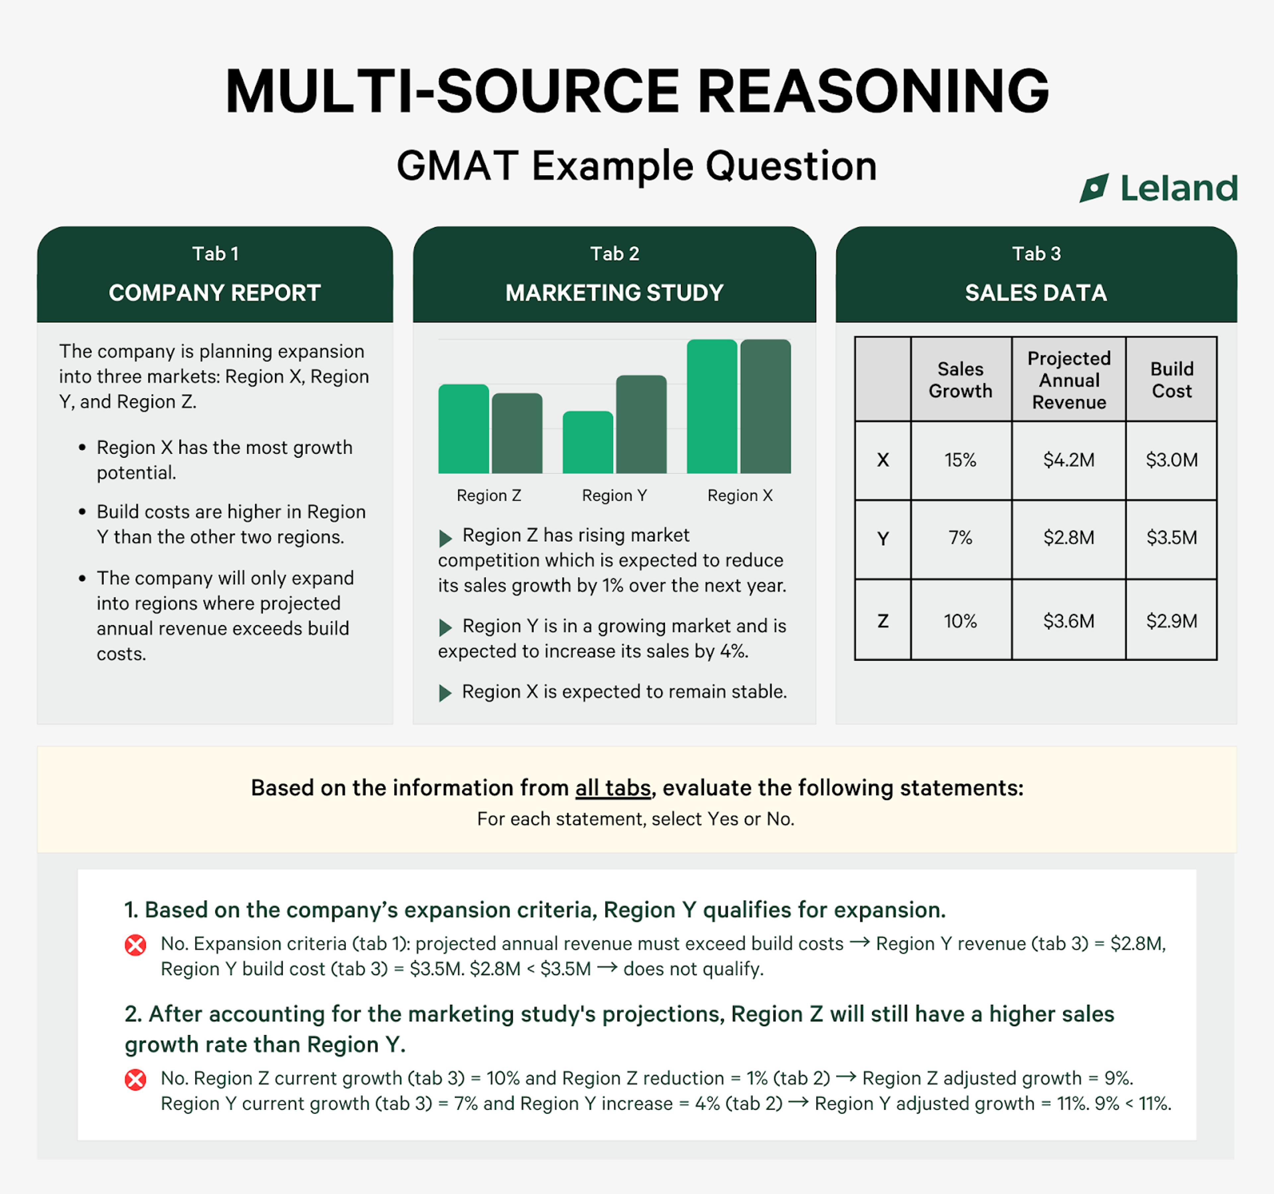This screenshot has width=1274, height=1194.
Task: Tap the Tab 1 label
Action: pyautogui.click(x=215, y=254)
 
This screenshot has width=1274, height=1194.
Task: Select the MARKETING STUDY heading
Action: pyautogui.click(x=614, y=293)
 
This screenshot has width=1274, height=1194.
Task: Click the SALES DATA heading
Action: pyautogui.click(x=1035, y=293)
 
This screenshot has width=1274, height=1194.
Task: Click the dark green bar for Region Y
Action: pyautogui.click(x=641, y=424)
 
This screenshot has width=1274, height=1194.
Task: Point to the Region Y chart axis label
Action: pyautogui.click(x=614, y=495)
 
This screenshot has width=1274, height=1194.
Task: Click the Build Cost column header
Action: pyautogui.click(x=1171, y=380)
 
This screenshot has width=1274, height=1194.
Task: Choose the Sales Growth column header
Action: pyautogui.click(x=960, y=380)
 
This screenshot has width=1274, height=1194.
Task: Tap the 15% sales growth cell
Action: pyautogui.click(x=960, y=460)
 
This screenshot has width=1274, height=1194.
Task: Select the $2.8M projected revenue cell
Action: pyautogui.click(x=1068, y=537)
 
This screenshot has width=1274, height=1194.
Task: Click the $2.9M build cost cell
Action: pyautogui.click(x=1171, y=621)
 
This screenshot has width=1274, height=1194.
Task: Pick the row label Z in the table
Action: pyautogui.click(x=883, y=621)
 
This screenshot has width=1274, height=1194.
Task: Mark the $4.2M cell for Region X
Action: pyautogui.click(x=1068, y=460)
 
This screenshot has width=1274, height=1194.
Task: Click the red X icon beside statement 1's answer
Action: pyautogui.click(x=135, y=945)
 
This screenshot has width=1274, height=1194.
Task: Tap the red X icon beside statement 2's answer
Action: pyautogui.click(x=135, y=1079)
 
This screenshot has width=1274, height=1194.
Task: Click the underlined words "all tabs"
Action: pyautogui.click(x=613, y=788)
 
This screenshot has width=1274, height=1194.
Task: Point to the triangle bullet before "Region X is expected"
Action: pyautogui.click(x=445, y=693)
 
